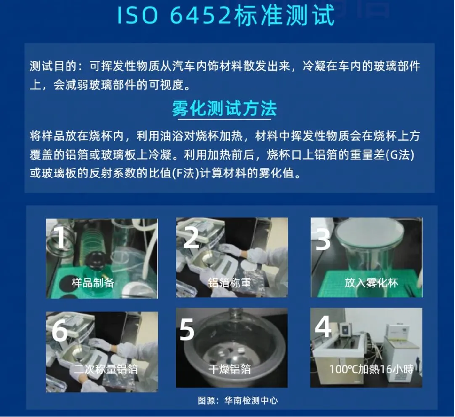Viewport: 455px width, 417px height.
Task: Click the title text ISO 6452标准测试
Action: [226, 15]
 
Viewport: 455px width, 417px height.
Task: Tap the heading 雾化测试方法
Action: [224, 109]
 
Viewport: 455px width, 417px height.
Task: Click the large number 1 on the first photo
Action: [60, 237]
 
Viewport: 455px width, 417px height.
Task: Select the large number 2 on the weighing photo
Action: [191, 237]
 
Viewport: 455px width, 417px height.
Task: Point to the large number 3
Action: [323, 239]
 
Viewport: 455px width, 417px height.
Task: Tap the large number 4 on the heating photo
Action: [323, 326]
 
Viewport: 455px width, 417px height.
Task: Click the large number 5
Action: [187, 329]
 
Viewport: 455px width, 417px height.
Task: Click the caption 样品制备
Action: [93, 283]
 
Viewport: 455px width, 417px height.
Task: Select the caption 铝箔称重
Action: [229, 283]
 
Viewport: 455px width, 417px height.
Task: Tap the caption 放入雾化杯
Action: [371, 283]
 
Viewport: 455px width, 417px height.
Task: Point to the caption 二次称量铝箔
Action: [105, 369]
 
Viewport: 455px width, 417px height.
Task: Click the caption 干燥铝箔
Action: [229, 369]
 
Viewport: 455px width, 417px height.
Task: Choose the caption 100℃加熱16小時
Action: [371, 369]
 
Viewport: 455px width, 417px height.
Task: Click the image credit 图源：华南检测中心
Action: [238, 401]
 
